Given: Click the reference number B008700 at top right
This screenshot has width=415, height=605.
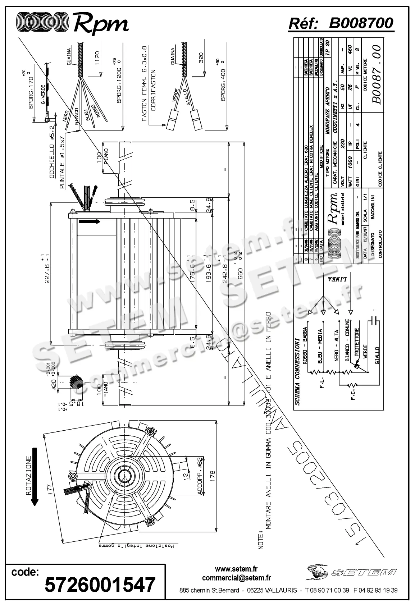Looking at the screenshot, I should pyautogui.click(x=361, y=23).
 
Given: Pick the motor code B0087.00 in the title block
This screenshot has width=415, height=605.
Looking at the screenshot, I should pyautogui.click(x=376, y=74).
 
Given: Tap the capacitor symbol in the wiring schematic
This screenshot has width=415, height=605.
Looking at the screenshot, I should pyautogui.click(x=374, y=321).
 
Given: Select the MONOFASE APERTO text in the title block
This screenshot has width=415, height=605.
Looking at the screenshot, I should pyautogui.click(x=327, y=110).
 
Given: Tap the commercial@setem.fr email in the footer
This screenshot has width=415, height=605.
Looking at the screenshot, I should pyautogui.click(x=236, y=578).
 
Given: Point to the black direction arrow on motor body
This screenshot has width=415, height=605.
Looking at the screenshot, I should pyautogui.click(x=90, y=222).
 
